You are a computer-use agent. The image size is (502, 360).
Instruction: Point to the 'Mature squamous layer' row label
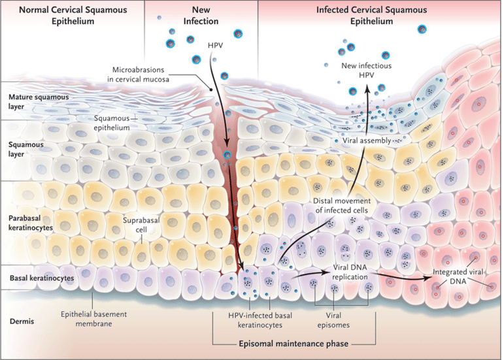pos(35,101)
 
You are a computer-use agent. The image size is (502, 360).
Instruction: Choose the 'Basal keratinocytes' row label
pos(41,278)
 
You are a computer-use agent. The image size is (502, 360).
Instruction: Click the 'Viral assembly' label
pos(367,140)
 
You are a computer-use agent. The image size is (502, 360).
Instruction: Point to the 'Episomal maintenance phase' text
pos(295,343)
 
